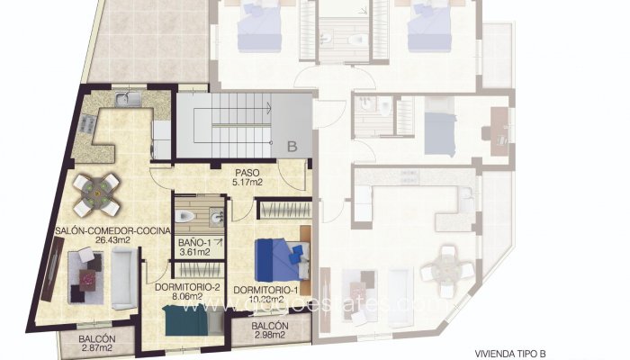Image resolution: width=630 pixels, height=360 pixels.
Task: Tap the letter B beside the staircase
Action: click(x=292, y=144)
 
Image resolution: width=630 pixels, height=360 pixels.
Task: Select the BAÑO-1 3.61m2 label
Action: click(x=194, y=247)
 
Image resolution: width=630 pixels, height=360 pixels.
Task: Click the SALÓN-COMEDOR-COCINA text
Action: click(x=98, y=231)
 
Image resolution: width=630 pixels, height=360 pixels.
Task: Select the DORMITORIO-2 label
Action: click(x=188, y=288)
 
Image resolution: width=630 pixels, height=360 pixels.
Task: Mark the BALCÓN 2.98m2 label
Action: click(x=270, y=330)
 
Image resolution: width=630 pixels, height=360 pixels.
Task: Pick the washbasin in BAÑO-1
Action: click(x=215, y=216)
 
